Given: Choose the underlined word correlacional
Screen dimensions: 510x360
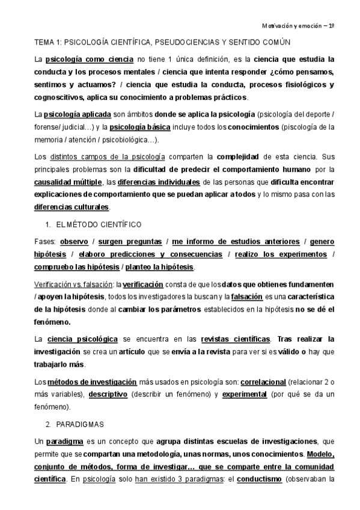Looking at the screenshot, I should pos(263,382).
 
